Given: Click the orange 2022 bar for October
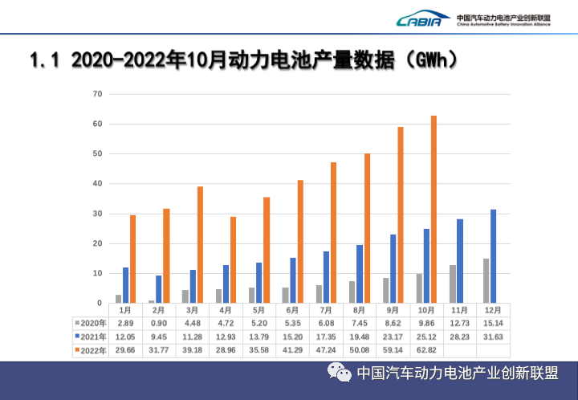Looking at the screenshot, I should (x=434, y=210).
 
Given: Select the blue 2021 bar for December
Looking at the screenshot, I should (x=494, y=256).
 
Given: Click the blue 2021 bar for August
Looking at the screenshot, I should (x=360, y=274).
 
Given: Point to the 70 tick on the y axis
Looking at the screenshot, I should (x=98, y=94).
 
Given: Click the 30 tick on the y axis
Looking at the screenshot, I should (x=98, y=214).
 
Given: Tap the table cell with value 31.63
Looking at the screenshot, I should (x=495, y=337).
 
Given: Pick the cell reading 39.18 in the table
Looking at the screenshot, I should (x=193, y=350).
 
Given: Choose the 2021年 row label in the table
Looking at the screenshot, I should (x=91, y=337).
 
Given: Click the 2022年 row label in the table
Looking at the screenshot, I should (x=91, y=350).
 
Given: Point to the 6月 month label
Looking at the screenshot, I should (x=292, y=309).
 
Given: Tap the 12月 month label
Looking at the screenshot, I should (x=493, y=309).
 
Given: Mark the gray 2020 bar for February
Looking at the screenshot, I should (x=152, y=301).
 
